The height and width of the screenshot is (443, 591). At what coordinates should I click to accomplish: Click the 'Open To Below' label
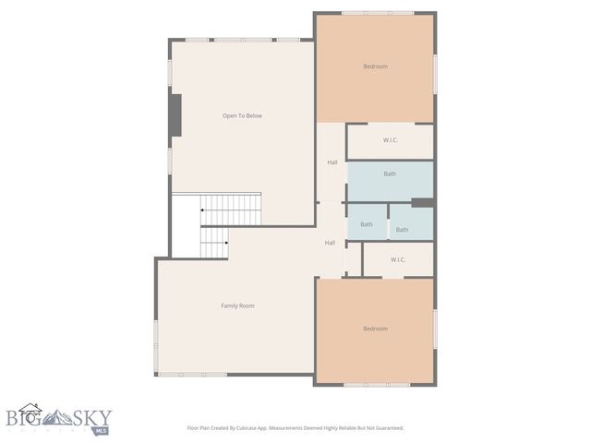point(242,115)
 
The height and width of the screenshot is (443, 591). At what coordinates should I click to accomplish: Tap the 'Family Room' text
point(237,305)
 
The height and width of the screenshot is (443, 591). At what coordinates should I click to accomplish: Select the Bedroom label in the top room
point(375,66)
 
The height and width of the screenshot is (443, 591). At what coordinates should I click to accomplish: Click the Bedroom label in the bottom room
point(375,329)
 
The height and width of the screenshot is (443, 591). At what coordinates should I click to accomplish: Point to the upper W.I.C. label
point(391,140)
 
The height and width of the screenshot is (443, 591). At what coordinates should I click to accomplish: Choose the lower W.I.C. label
point(398,259)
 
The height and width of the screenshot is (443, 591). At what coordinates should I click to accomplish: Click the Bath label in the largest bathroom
point(390,174)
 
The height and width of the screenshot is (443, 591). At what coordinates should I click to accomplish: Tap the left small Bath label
point(367,224)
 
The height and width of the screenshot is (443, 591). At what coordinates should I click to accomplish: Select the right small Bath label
point(402,230)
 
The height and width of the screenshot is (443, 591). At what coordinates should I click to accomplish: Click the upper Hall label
point(332,162)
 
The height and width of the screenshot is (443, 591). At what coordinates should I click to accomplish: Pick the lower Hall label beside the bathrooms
point(330,243)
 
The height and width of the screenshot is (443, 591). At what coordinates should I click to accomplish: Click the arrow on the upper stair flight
point(203,210)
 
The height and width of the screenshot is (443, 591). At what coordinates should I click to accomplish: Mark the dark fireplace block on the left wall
point(175,115)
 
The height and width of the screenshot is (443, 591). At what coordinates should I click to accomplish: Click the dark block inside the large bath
point(422,203)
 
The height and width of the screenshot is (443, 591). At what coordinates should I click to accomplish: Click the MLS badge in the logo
point(102,430)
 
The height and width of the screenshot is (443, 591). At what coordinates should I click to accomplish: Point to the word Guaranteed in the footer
point(386,428)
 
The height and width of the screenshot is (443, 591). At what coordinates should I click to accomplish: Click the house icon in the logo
point(30,413)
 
